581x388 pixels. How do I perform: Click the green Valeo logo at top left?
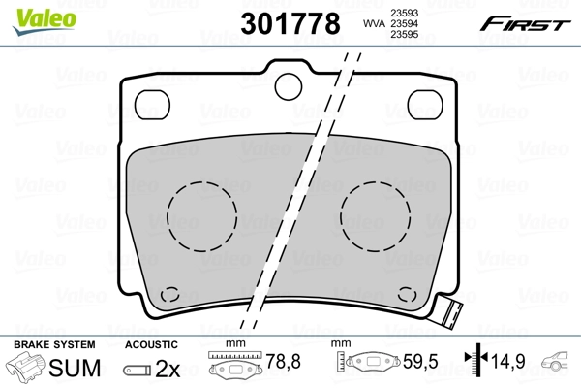[30, 13]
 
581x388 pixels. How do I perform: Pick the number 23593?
[404, 13]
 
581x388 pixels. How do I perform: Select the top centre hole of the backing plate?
[287, 86]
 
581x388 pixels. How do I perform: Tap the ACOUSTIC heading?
[151, 344]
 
